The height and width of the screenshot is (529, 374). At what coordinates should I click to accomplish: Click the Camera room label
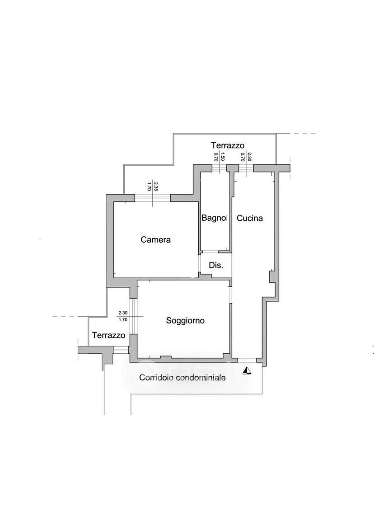pos(155,240)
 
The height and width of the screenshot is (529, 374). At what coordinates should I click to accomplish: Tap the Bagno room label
pos(214,218)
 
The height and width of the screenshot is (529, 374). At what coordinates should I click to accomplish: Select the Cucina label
pos(249,218)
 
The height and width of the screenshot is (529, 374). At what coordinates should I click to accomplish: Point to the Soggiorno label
pos(185,320)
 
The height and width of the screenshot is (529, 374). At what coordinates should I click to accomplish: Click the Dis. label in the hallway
pos(216,265)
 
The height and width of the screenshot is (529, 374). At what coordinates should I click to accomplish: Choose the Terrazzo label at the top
pos(228,145)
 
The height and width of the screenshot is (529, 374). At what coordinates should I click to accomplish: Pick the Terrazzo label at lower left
pos(108,335)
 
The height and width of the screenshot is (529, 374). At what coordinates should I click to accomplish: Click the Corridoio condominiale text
pos(182,378)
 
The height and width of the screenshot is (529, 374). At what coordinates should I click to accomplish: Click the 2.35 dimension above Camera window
pos(155,186)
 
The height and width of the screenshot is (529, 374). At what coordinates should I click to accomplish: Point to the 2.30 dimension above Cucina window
pos(249,157)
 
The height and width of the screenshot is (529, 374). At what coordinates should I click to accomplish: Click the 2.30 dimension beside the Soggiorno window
pos(123,313)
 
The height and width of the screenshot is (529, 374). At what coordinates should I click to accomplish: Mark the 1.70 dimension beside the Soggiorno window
pos(123,319)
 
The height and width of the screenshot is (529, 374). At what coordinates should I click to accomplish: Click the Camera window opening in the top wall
pos(152,198)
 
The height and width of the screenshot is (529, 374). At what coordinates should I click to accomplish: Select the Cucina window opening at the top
pos(246,168)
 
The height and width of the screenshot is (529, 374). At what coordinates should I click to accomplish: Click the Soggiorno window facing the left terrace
pos(134,316)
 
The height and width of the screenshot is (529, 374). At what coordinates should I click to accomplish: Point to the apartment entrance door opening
pos(247,360)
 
